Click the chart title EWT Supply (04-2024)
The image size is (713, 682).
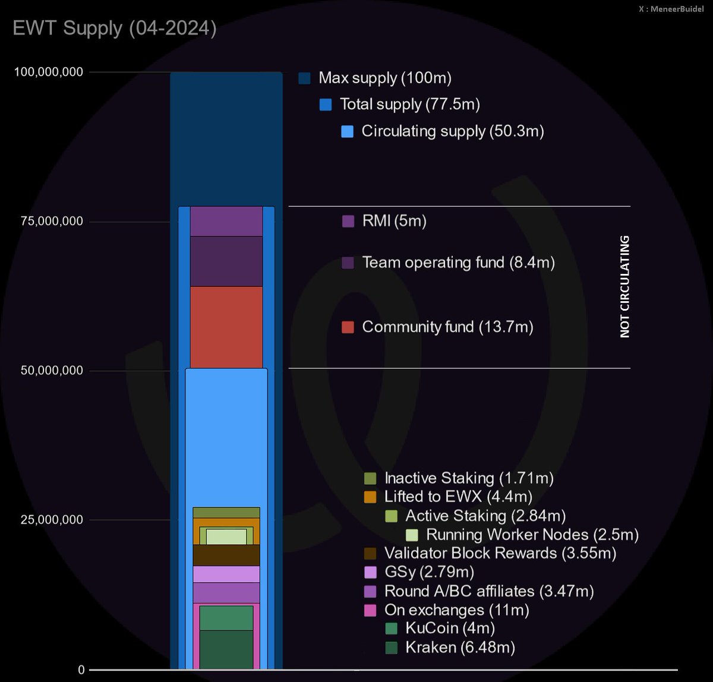coord(114,29)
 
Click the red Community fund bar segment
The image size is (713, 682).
coord(226,327)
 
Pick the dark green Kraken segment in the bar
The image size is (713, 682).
coord(226,649)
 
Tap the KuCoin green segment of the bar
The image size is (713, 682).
coord(226,618)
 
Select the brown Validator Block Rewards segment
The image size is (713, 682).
coord(226,555)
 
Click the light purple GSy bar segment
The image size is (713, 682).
coord(226,574)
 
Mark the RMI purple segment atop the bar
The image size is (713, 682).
coord(226,221)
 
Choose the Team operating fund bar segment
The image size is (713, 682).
coord(226,261)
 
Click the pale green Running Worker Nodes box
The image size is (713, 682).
coord(226,536)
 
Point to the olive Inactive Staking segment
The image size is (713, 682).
coord(226,513)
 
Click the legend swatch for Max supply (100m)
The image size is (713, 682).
coord(305,78)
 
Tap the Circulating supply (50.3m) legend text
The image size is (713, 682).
coord(452,131)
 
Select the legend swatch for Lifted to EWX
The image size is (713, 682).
coord(370,497)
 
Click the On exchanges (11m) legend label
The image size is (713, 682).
coord(456,610)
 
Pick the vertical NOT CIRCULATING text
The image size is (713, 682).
coord(624,287)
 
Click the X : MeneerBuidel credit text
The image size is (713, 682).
coord(671,9)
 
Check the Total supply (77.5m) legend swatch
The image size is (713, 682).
coord(326,105)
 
